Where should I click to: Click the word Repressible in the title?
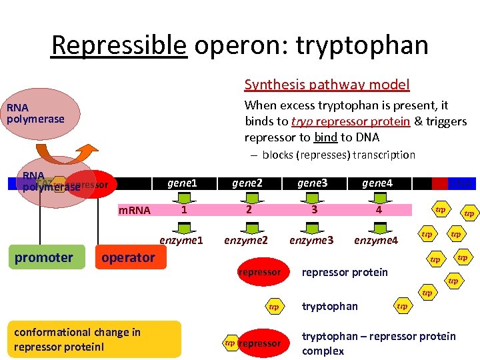(x=119, y=46)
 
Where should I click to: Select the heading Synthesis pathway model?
(x=327, y=85)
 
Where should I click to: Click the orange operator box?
(x=128, y=257)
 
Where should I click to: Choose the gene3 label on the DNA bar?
(x=311, y=183)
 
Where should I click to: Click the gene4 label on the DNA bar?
(x=377, y=183)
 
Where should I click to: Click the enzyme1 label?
(x=181, y=239)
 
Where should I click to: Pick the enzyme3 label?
(x=311, y=240)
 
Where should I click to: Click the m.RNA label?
(x=135, y=211)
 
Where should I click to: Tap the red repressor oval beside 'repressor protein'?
(x=259, y=273)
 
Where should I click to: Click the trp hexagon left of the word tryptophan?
(x=273, y=307)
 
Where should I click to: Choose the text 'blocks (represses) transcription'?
(x=338, y=155)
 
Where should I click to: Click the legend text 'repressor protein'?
(x=345, y=272)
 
